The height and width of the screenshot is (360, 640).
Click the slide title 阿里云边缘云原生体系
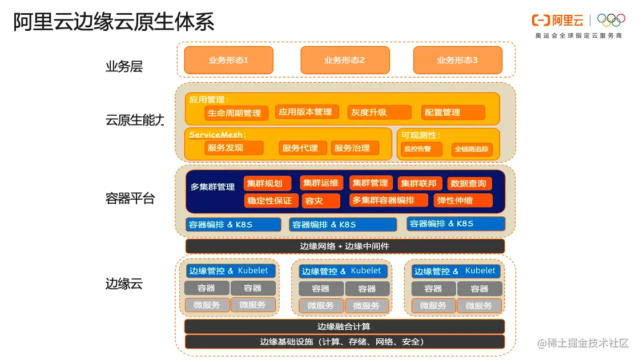(114, 22)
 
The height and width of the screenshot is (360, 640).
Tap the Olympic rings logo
(611, 20)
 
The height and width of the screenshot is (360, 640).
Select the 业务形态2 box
(345, 60)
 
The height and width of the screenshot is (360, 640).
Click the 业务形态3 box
(457, 60)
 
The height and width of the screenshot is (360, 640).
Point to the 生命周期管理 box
(236, 113)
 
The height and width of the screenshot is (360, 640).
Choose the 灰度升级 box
(379, 112)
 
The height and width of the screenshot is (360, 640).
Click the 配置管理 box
(453, 112)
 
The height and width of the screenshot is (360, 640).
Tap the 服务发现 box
(234, 148)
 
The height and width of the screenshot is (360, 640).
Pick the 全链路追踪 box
(472, 150)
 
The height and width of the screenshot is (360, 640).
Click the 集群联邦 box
(418, 183)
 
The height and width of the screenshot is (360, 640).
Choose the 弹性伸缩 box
(462, 200)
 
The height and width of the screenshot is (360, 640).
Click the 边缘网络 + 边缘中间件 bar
(345, 246)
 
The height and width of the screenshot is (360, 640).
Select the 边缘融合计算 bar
(344, 326)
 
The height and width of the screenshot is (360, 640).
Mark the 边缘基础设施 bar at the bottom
(344, 342)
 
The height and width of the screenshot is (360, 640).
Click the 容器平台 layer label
(130, 199)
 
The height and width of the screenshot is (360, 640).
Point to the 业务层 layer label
(124, 67)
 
